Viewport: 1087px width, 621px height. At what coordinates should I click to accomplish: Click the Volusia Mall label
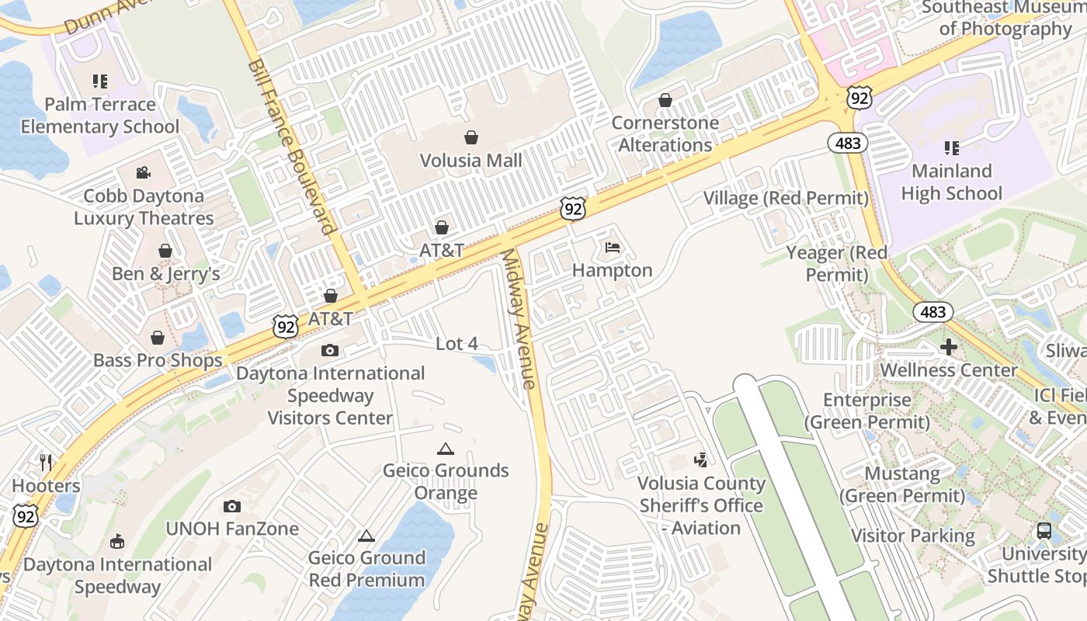coord(471,161)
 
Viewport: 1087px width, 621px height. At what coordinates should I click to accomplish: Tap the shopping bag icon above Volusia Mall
coord(471,138)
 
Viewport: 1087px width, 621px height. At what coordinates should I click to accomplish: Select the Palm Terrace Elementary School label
coord(100,116)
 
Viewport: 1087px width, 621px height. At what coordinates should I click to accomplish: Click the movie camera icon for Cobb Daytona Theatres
coord(143,173)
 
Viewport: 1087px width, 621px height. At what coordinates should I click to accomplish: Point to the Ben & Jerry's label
coord(165,274)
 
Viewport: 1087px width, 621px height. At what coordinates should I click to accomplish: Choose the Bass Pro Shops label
coord(158,360)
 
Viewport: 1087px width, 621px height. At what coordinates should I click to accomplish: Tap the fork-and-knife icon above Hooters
coord(46,463)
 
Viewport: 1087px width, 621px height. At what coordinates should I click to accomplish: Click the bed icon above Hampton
coord(613,248)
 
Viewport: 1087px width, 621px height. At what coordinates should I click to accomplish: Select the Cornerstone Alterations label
coord(665,134)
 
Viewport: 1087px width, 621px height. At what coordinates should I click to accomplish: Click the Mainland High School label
coord(951,182)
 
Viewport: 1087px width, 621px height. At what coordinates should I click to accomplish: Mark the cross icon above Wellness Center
coord(948,347)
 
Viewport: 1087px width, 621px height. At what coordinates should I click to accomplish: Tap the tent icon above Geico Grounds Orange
coord(445,449)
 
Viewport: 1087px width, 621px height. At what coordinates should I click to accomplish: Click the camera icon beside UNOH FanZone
coord(231,507)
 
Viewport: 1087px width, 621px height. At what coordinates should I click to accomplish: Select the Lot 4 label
coord(457,343)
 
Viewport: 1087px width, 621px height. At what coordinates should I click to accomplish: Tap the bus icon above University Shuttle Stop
coord(1044,531)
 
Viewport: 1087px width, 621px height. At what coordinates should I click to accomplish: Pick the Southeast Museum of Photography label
coord(1004,19)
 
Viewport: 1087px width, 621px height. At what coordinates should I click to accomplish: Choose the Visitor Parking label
coord(913,536)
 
